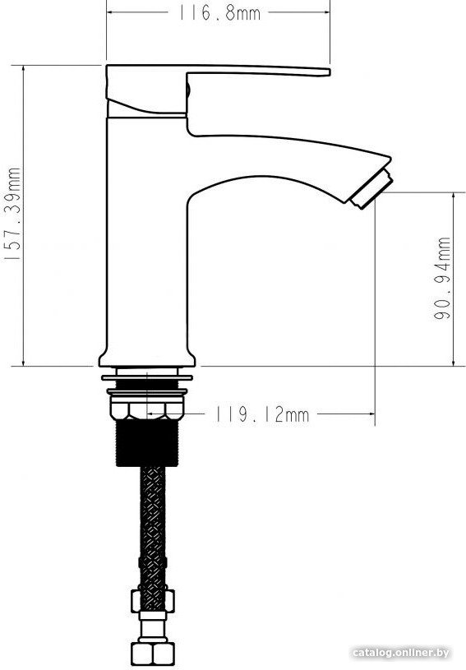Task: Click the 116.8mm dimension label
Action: [x=219, y=13]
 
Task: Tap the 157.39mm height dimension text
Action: [x=13, y=214]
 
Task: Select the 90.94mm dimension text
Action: [x=442, y=278]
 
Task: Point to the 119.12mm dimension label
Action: [x=261, y=414]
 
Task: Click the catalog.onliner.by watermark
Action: [x=402, y=653]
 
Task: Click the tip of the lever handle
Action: [x=328, y=72]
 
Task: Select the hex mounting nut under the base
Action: [x=147, y=408]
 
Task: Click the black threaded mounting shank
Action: [x=147, y=442]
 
